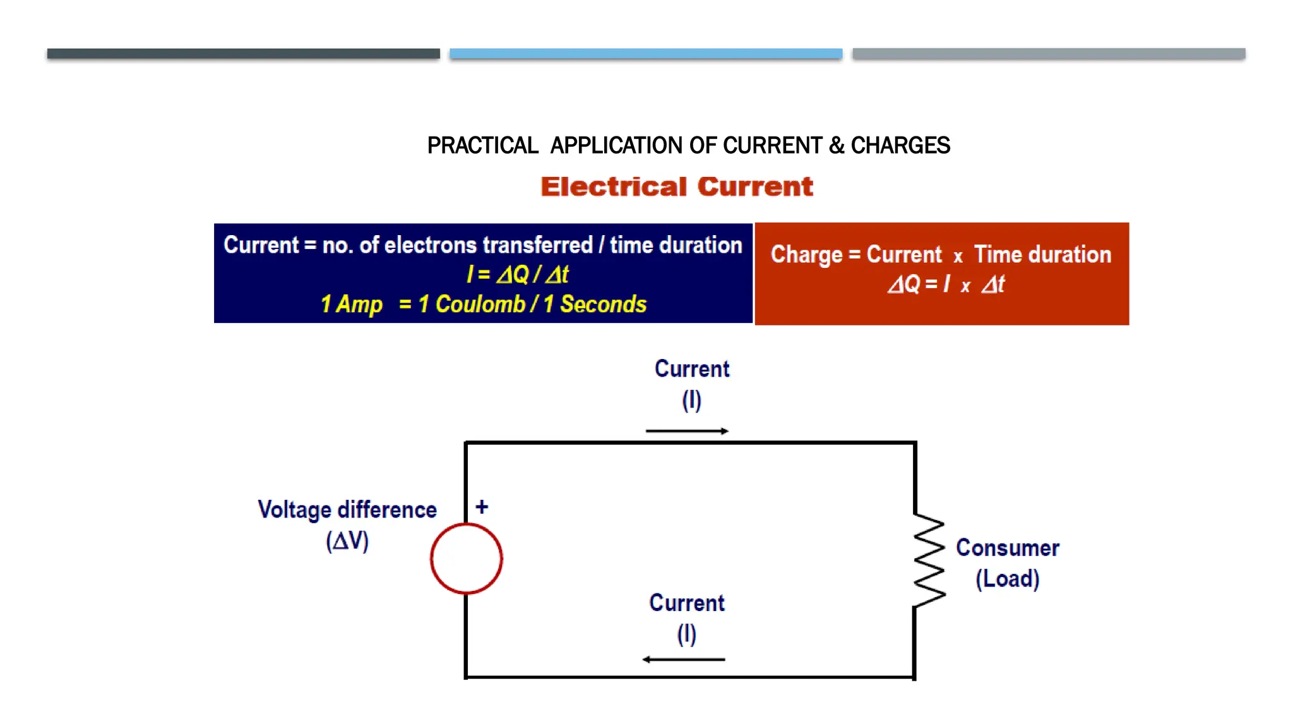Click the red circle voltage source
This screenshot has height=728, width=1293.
467,559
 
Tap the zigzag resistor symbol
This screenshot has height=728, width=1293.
929,560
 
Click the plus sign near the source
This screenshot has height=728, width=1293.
482,507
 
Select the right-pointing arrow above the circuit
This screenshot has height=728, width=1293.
687,431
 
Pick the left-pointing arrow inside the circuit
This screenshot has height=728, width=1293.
684,659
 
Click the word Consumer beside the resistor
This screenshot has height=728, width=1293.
1007,548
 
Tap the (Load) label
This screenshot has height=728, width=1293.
1007,579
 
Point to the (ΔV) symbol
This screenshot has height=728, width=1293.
347,541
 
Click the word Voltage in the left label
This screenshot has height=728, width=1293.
294,510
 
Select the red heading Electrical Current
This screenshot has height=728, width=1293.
677,186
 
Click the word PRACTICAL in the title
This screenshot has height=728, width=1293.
482,145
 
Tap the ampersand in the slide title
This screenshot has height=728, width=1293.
837,145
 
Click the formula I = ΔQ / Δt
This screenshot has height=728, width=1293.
517,274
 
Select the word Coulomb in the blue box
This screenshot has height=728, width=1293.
480,304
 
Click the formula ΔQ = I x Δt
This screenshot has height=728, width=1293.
946,284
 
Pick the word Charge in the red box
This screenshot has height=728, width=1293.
806,255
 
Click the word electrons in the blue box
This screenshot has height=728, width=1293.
431,245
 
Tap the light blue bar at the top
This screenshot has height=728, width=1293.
646,54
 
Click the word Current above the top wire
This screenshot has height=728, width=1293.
692,369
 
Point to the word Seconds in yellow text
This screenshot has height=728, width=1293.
603,304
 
